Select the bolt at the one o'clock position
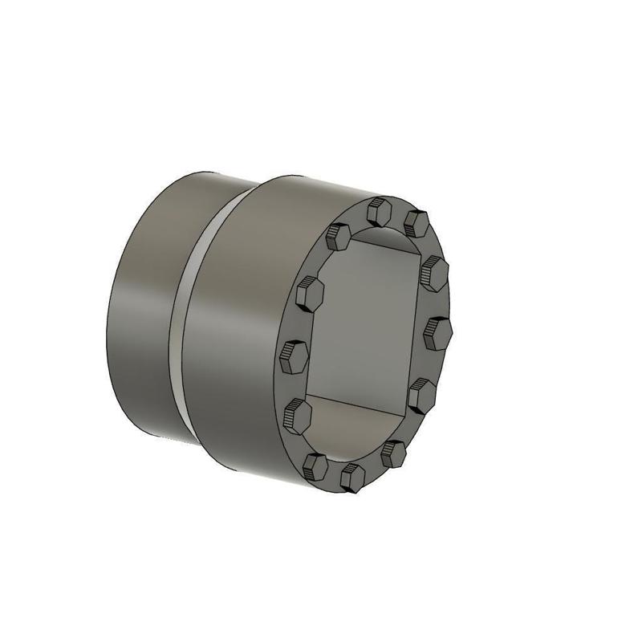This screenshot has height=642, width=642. pyautogui.click(x=415, y=222)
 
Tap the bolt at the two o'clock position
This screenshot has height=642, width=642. pyautogui.click(x=434, y=272)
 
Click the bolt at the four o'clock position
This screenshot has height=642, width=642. pyautogui.click(x=422, y=394)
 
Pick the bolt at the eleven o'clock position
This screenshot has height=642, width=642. pyautogui.click(x=338, y=237)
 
